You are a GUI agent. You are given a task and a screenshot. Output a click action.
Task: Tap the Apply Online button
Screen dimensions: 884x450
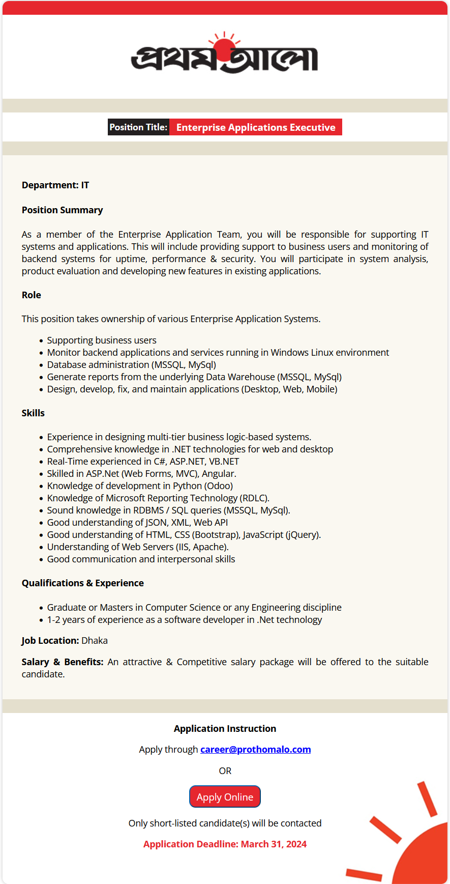(x=225, y=797)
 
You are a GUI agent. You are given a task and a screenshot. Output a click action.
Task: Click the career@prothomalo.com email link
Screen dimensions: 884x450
(x=255, y=750)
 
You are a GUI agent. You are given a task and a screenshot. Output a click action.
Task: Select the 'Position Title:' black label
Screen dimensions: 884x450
(x=138, y=127)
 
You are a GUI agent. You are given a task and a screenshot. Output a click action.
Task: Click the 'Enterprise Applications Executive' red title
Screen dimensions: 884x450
(x=256, y=127)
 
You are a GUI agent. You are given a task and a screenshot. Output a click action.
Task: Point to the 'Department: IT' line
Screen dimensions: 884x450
(x=55, y=185)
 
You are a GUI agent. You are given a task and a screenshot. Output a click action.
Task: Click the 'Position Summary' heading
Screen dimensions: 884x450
(x=62, y=210)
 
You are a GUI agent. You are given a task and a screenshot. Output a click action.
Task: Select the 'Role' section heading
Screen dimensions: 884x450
(x=32, y=295)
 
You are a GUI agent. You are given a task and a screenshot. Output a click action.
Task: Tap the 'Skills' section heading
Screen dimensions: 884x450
(x=33, y=413)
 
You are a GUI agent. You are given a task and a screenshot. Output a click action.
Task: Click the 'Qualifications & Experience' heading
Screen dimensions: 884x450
(x=83, y=583)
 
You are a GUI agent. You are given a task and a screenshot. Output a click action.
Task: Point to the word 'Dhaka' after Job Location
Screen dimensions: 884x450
(x=95, y=641)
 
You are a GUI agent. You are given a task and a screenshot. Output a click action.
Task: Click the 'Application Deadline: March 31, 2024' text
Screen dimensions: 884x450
(x=225, y=844)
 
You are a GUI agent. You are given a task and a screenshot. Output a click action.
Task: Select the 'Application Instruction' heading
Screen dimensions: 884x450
(x=225, y=729)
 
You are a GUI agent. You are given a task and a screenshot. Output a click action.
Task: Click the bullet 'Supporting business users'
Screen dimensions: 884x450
(x=102, y=340)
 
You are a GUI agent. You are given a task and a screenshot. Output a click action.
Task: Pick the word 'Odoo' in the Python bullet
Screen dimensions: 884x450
(x=220, y=486)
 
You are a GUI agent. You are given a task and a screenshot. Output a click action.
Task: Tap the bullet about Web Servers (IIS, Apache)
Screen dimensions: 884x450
(x=138, y=547)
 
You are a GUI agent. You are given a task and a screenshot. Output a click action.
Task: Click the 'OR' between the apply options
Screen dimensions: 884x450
(x=225, y=771)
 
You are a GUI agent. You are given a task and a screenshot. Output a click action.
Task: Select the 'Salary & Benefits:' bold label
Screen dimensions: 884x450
(x=63, y=662)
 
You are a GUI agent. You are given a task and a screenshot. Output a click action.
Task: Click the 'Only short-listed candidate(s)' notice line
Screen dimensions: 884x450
(x=225, y=823)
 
